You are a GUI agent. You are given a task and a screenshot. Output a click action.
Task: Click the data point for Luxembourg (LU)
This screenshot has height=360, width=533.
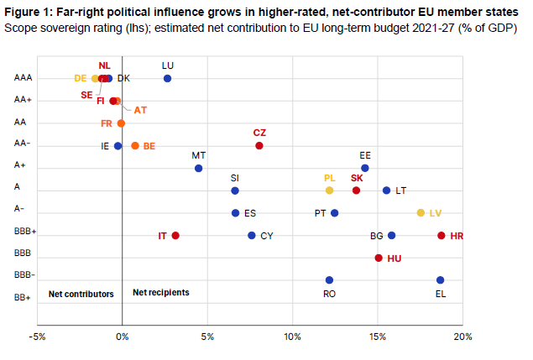coord(167,78)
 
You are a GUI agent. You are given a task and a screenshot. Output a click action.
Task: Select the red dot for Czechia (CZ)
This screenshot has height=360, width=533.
coord(259,146)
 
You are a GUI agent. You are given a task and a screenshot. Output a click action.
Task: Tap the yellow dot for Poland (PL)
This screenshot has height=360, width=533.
coord(329,190)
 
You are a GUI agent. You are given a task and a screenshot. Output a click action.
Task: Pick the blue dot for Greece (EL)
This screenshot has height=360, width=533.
coord(440,280)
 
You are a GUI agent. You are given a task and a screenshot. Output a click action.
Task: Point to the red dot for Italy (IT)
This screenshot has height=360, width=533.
coord(175,236)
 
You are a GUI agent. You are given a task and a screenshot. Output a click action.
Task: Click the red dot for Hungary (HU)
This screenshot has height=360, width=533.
coord(379,258)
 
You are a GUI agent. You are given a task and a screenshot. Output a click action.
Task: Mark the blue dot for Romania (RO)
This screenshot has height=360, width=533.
coord(329,280)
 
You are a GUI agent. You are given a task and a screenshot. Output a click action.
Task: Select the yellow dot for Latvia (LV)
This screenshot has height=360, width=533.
coord(421,213)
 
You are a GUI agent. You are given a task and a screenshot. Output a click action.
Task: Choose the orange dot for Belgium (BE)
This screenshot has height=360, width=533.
coord(135,146)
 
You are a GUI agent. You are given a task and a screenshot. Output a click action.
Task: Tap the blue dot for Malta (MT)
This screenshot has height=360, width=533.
coord(199,169)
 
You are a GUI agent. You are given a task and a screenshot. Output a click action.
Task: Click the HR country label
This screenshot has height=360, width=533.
coord(457,236)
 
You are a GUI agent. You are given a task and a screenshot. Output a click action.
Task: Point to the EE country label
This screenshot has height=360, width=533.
coord(365,155)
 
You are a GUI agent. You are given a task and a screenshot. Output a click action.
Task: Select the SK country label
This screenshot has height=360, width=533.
coord(357,178)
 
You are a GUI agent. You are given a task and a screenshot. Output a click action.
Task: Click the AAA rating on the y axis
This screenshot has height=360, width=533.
coord(23,78)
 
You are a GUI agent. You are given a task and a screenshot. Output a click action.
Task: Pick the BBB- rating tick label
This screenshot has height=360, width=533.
coord(24,275)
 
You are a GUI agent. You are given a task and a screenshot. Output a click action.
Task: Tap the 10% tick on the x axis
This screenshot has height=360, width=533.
coord(293,337)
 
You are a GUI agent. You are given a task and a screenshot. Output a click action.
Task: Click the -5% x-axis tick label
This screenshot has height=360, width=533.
coord(37,337)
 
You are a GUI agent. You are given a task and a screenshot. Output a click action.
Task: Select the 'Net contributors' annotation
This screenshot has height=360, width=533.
coord(81,294)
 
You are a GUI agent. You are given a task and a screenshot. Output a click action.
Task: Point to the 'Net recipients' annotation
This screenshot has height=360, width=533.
coord(161,293)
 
